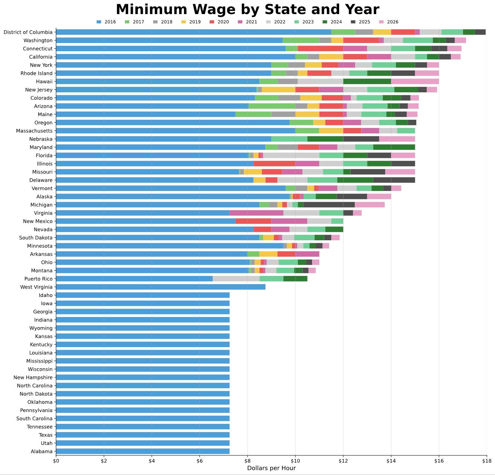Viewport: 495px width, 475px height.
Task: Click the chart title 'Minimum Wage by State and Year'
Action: pos(247,10)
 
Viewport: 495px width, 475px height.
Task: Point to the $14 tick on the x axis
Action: pos(391,461)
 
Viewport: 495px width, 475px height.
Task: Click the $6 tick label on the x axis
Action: pos(200,461)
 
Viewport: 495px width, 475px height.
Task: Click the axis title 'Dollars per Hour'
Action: pos(271,468)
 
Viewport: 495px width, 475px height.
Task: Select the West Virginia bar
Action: pos(161,287)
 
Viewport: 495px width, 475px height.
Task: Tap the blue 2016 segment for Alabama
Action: pos(143,451)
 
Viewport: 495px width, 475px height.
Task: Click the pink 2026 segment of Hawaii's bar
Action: pos(415,82)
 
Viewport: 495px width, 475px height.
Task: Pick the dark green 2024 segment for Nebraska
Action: pos(325,139)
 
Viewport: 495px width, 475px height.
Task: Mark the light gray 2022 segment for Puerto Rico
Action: pos(236,279)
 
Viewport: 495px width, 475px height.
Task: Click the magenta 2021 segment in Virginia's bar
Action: pos(256,213)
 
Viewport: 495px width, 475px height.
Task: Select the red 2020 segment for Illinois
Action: pos(274,164)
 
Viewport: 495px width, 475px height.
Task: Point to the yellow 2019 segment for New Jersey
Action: pos(278,90)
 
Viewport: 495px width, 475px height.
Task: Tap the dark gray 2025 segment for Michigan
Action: pos(329,205)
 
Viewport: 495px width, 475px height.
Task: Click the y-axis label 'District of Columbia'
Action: pos(28,32)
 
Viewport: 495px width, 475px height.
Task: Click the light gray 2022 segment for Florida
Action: pos(291,155)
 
